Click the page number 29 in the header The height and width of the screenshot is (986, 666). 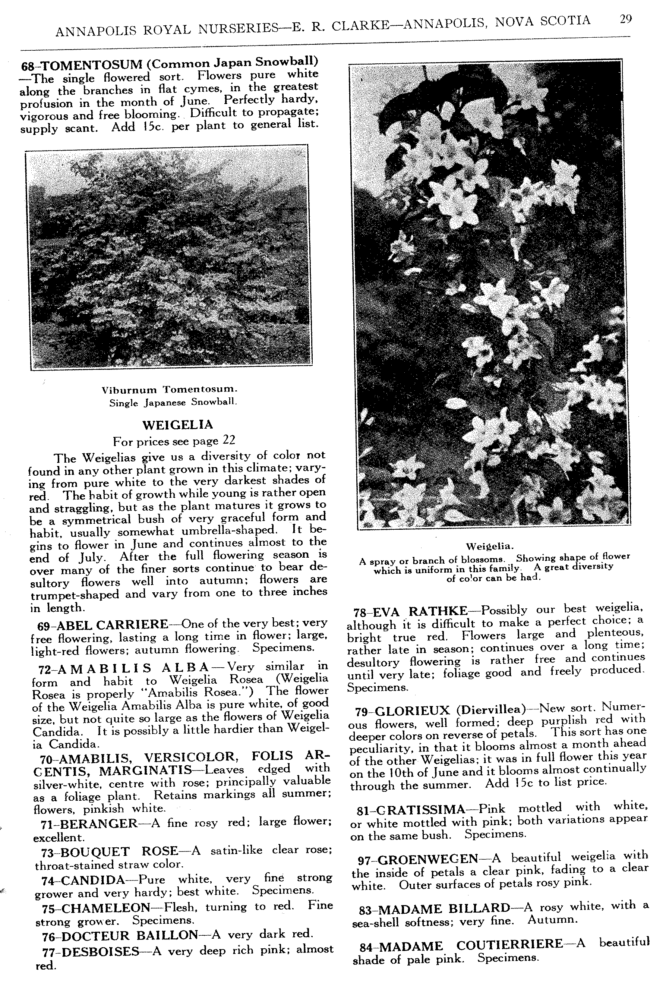626,20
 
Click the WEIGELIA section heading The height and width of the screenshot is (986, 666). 178,425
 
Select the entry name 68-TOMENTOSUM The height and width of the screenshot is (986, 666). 82,65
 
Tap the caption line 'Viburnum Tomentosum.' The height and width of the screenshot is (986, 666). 170,389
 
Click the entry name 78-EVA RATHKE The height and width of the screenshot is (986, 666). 411,611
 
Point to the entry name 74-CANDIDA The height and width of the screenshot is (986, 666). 83,879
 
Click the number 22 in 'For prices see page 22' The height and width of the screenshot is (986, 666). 228,440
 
